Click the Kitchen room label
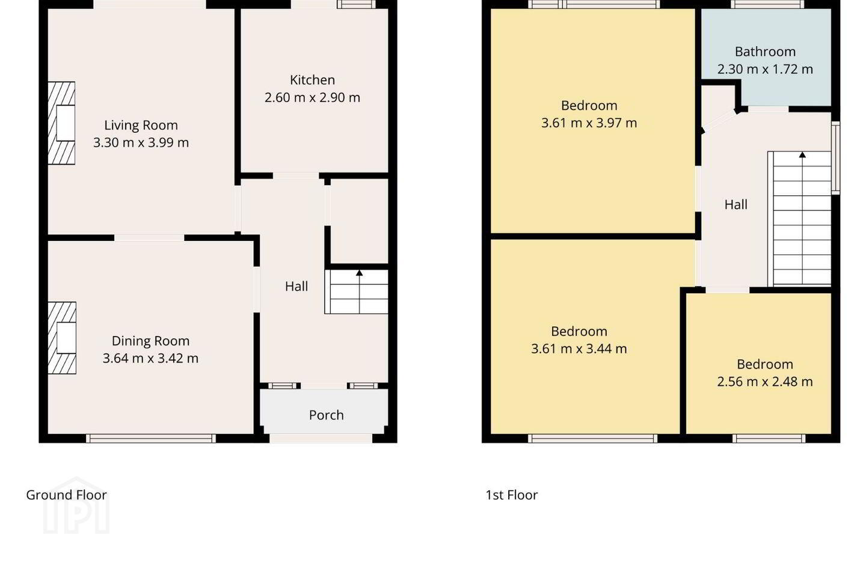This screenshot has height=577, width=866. pos(312,80)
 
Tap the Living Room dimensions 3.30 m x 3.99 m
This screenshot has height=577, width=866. pos(141,142)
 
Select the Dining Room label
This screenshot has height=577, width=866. pos(150,341)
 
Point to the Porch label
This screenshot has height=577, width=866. pos(327,415)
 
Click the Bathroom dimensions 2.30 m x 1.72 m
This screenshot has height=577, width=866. pos(765,69)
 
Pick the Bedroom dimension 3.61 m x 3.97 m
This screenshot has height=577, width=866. pos(589,123)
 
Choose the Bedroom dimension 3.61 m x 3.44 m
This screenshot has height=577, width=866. pos(579,349)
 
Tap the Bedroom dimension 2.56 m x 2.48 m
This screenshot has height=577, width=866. pos(765,382)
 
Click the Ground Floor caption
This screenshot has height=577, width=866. pos(66,495)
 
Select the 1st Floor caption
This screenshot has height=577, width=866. pos(511,495)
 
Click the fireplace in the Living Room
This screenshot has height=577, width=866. pos(61,123)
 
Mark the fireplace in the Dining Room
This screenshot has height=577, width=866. pos(62,338)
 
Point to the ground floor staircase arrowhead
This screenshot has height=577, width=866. pos(359,273)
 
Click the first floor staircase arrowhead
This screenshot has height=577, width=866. pos(802,155)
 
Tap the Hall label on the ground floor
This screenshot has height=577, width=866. pos(296,286)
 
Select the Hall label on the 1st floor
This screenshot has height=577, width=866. pos(735,205)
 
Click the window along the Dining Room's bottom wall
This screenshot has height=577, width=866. pos(151,438)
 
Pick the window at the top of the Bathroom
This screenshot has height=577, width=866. pos(767,4)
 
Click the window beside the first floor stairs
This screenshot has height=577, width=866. pos(835,157)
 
